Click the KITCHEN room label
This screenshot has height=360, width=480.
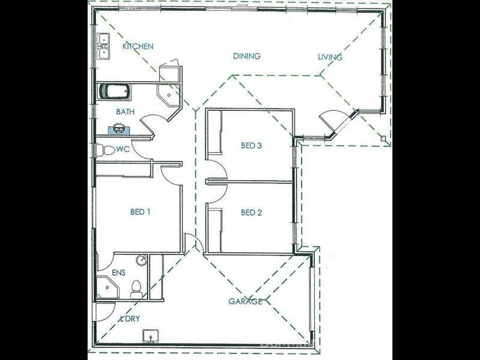point(138,46)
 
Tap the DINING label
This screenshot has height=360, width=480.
point(247,56)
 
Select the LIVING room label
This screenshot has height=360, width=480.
point(330,57)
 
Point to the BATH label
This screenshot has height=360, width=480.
point(125,112)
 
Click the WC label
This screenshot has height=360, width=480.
point(123,149)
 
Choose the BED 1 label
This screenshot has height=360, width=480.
point(140,212)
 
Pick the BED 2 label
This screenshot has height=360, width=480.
point(251,212)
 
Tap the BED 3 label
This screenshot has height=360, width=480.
point(251,145)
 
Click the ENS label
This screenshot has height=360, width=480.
point(118,272)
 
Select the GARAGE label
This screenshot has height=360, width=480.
point(245,302)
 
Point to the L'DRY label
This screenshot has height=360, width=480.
point(130,319)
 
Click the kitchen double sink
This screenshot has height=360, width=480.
point(103,46)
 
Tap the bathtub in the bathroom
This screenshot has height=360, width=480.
point(114,92)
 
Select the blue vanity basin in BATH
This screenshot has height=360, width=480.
point(119,129)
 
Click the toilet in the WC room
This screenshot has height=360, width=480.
point(105,150)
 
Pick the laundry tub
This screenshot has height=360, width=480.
point(151,337)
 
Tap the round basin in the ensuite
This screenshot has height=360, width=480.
point(142,260)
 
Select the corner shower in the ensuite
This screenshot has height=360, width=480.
point(107,287)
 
